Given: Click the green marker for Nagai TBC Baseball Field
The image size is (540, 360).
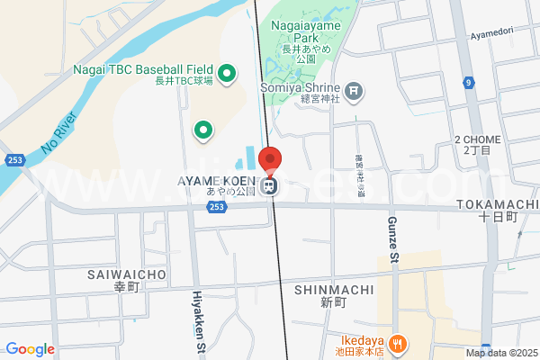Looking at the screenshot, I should (x=228, y=72).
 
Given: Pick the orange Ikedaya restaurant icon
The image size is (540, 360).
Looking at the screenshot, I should (x=399, y=342).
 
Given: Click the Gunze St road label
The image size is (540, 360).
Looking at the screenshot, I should (x=393, y=238).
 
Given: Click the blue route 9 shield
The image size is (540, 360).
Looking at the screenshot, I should (x=469, y=83).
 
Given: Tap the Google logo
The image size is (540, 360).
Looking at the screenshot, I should (x=30, y=349).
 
